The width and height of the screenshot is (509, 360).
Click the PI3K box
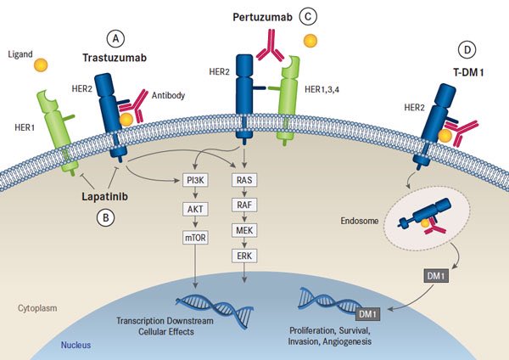196,156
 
